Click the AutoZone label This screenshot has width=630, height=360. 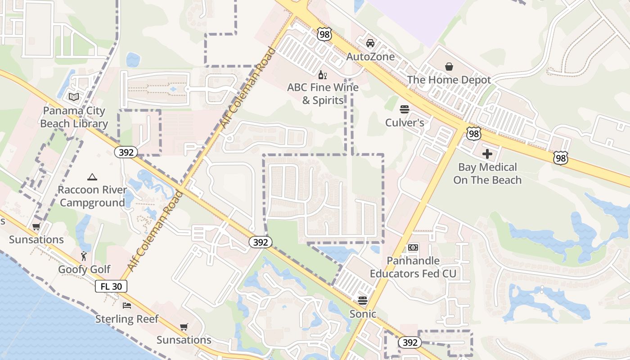point(370,57)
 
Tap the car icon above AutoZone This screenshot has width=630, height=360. point(370,43)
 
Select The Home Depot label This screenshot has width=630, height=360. point(449,80)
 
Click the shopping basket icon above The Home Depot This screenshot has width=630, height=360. point(449,67)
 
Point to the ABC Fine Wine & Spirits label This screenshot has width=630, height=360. point(323,94)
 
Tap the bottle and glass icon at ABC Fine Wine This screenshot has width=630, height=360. point(323,75)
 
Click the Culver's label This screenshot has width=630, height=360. point(405,122)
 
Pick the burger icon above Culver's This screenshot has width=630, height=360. point(404,109)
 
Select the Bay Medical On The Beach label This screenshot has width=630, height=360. point(487,174)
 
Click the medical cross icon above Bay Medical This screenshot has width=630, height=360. point(487,154)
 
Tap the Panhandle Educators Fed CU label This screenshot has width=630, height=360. point(413,267)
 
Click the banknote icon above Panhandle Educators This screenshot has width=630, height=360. point(413,247)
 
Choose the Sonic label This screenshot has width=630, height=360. point(363,314)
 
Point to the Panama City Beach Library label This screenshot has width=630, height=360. point(74,117)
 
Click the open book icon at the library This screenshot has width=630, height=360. point(73,97)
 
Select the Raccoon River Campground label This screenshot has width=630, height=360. point(92,196)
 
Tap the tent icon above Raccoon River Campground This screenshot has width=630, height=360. point(92,177)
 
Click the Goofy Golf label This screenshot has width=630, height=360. point(84,270)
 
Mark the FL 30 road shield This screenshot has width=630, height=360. point(111,286)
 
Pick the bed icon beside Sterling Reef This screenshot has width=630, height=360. point(127,306)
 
